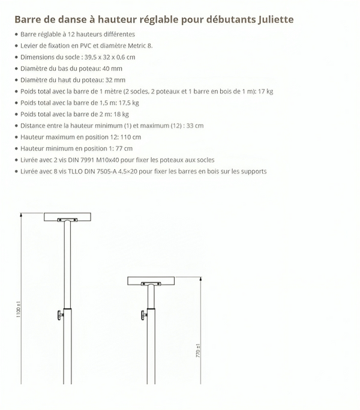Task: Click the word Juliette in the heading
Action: pos(274,19)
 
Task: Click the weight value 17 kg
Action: pos(265,91)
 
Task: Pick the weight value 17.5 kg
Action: pos(119,103)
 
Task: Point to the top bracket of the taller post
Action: pos(67,217)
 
